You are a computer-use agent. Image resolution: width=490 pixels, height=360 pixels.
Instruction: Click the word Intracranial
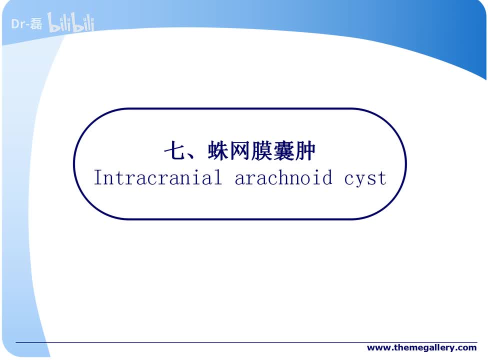click(157, 178)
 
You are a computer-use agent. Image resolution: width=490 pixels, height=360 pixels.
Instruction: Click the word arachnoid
click(283, 178)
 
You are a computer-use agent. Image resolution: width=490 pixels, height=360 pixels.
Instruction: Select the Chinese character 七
click(175, 151)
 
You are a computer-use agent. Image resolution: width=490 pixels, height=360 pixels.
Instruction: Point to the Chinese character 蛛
click(218, 151)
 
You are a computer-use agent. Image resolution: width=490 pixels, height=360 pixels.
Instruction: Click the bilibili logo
click(71, 23)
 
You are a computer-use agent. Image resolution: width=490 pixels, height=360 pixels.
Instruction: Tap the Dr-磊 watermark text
click(27, 23)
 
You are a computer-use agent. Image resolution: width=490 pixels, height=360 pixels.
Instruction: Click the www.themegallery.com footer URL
click(421, 347)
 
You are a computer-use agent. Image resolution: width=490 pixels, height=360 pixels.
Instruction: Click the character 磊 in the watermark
click(36, 23)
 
